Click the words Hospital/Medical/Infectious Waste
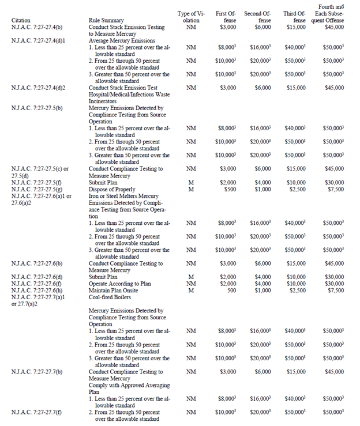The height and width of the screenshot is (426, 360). pyautogui.click(x=129, y=94)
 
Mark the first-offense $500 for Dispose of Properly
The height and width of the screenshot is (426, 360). pyautogui.click(x=228, y=189)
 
